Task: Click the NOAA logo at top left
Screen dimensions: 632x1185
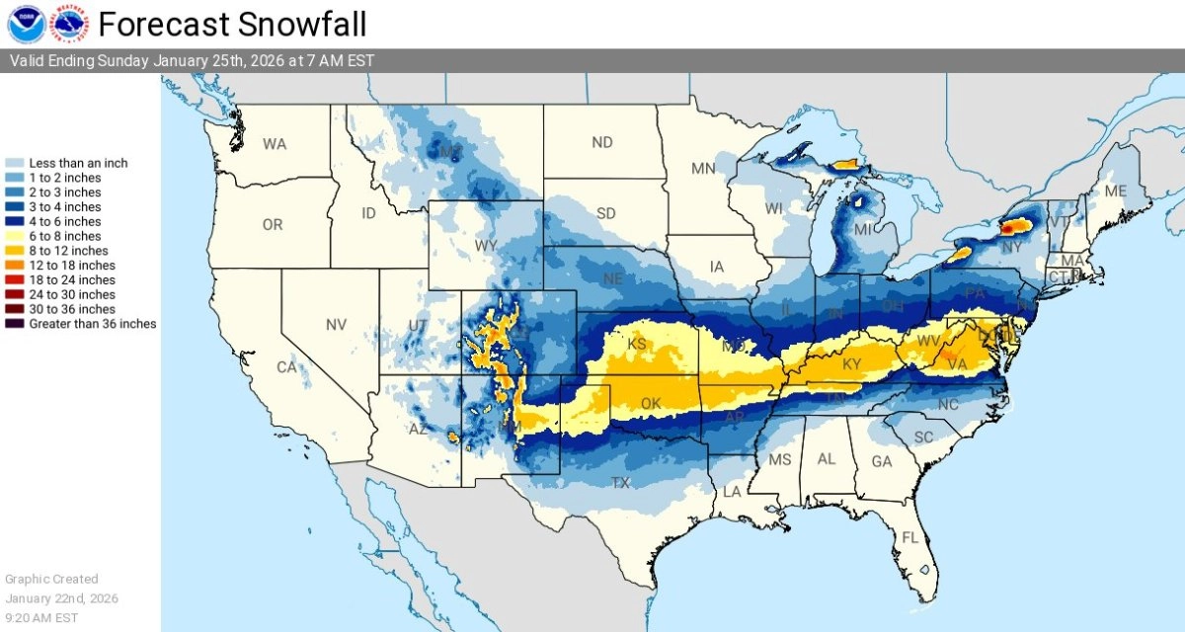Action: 25,23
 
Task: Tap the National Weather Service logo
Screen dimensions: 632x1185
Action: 69,23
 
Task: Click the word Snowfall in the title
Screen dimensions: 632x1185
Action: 302,23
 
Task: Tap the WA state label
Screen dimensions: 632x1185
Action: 275,144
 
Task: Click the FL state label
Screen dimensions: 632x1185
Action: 910,538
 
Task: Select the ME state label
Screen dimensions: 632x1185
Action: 1115,191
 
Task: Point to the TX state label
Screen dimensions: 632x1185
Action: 620,483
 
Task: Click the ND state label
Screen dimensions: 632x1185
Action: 602,142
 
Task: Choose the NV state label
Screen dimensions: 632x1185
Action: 336,324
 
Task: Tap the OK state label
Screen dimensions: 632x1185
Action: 650,404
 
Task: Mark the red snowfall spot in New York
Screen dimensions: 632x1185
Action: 1009,228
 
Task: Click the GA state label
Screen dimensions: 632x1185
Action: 882,461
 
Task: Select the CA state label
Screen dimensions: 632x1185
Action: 286,367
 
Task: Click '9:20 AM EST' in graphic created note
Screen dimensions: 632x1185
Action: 41,617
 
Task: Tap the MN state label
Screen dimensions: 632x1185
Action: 703,169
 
